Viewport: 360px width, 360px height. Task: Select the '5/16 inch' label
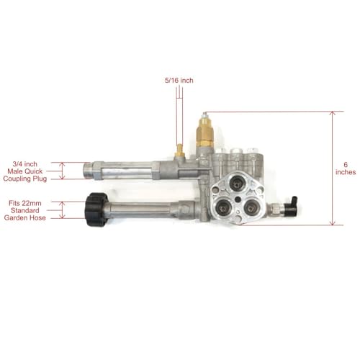tap(178, 80)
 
